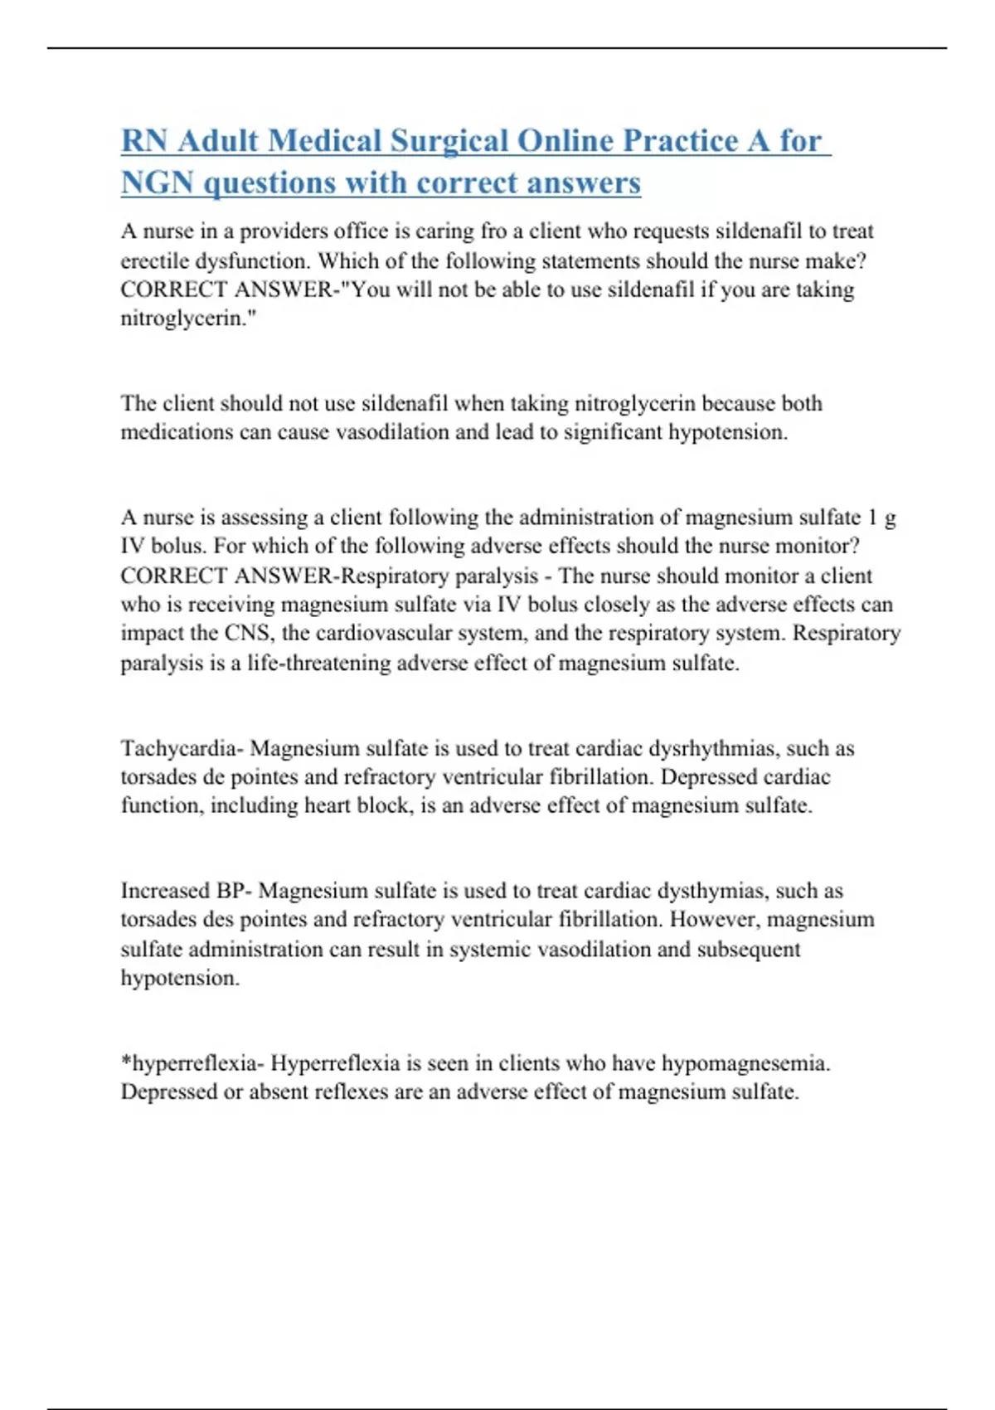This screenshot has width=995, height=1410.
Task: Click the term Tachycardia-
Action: pyautogui.click(x=182, y=748)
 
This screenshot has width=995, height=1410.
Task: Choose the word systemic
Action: pyautogui.click(x=490, y=949)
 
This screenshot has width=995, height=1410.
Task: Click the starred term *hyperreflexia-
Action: pyautogui.click(x=192, y=1063)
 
